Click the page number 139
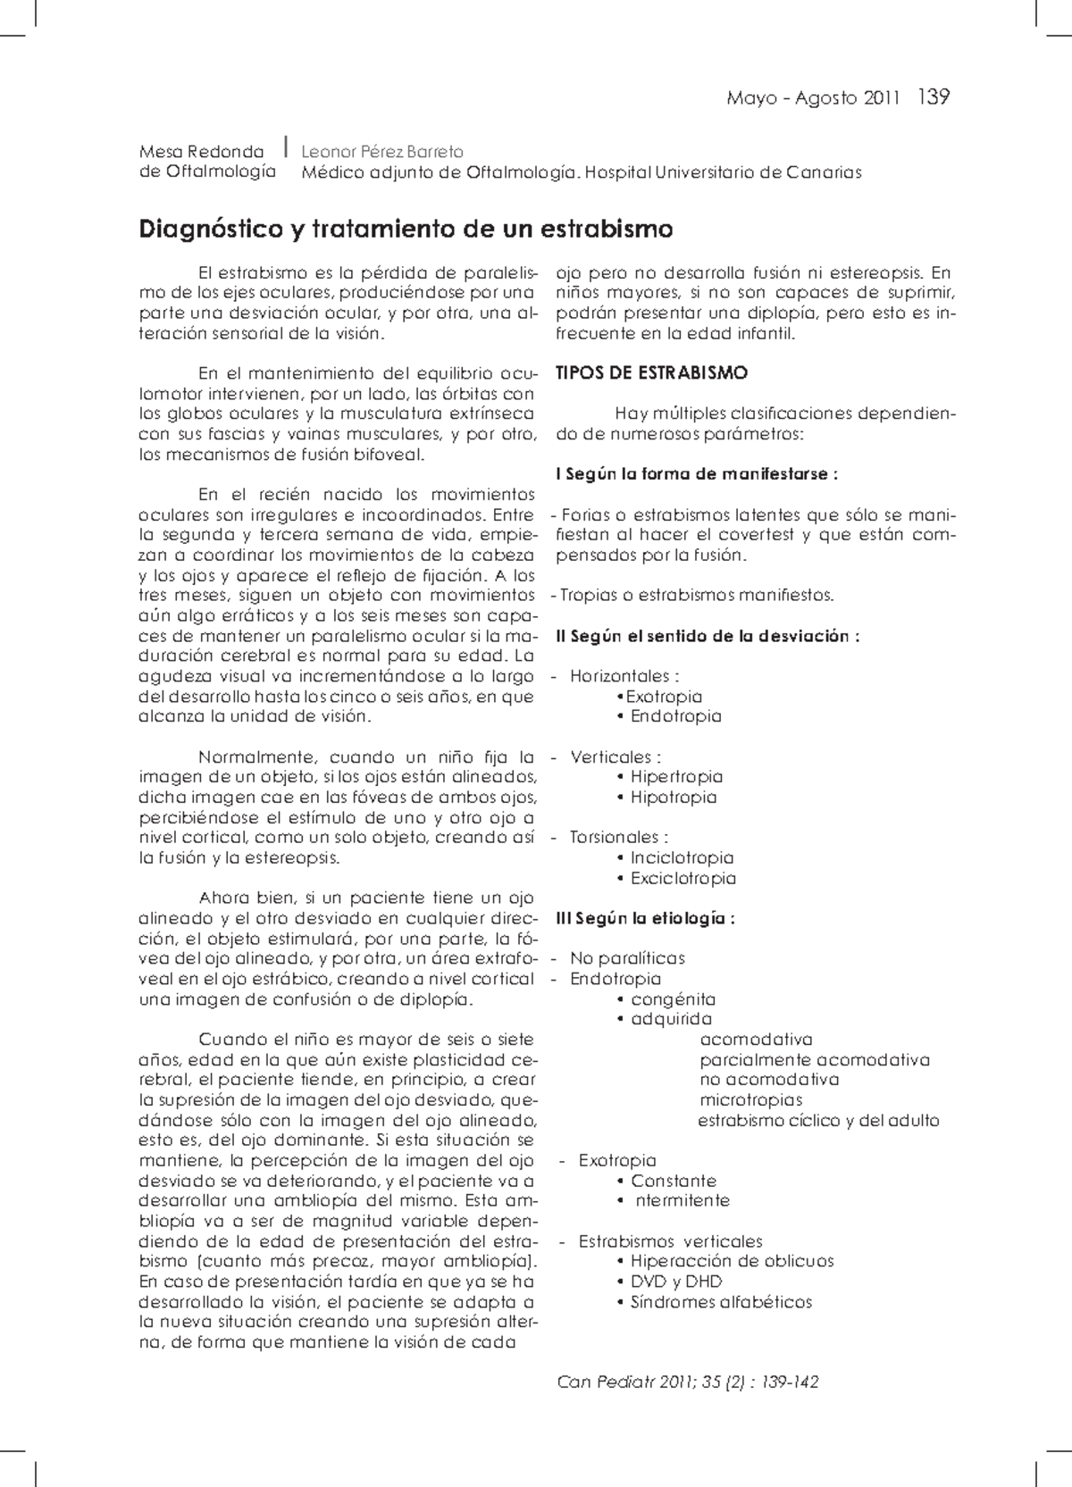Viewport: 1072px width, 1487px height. pyautogui.click(x=933, y=96)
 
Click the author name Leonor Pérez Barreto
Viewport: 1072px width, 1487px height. pyautogui.click(x=382, y=152)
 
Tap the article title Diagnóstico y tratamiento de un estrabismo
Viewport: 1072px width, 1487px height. pyautogui.click(x=406, y=230)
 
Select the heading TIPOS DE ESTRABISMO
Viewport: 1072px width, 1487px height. pyautogui.click(x=651, y=373)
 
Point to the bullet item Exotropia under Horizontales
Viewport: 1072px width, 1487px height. pyautogui.click(x=663, y=697)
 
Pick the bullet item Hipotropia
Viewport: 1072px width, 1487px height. pyautogui.click(x=673, y=798)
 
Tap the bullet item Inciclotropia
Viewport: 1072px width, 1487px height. pyautogui.click(x=682, y=858)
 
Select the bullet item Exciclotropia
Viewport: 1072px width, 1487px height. pyautogui.click(x=683, y=879)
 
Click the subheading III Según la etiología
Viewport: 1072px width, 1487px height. pyautogui.click(x=645, y=918)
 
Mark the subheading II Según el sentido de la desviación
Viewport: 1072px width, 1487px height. pyautogui.click(x=707, y=636)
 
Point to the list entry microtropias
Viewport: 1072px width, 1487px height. pyautogui.click(x=750, y=1100)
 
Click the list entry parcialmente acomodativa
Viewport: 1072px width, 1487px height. pyautogui.click(x=814, y=1060)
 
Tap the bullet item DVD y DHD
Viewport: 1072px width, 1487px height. pyautogui.click(x=675, y=1282)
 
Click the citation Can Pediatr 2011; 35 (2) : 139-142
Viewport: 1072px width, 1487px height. pyautogui.click(x=687, y=1383)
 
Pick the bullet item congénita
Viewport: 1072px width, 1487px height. pyautogui.click(x=672, y=999)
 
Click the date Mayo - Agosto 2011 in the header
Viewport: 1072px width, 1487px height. pyautogui.click(x=812, y=98)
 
